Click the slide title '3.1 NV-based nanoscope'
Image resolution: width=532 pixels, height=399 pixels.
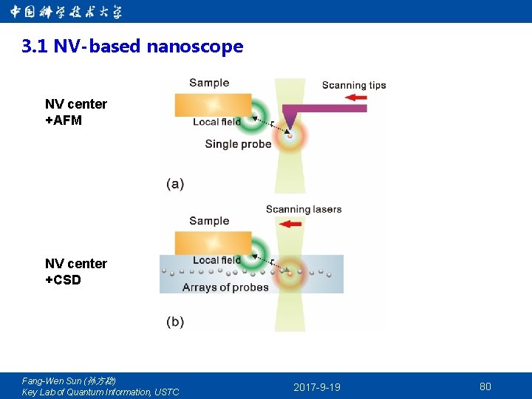pyautogui.click(x=132, y=47)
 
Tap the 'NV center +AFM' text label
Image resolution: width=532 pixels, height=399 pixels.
pyautogui.click(x=75, y=112)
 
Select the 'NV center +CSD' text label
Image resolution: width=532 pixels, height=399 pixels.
pyautogui.click(x=75, y=271)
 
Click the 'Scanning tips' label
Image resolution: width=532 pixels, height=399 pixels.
pyautogui.click(x=354, y=85)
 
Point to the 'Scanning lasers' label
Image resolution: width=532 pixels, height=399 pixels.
pyautogui.click(x=304, y=209)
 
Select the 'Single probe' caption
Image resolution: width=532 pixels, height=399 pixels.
pyautogui.click(x=238, y=143)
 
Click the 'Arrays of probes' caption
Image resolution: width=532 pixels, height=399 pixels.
pyautogui.click(x=225, y=287)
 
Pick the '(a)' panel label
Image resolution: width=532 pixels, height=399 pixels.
pyautogui.click(x=175, y=183)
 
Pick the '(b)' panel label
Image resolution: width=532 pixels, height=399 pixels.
pyautogui.click(x=175, y=321)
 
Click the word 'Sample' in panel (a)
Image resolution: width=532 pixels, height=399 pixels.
pyautogui.click(x=209, y=83)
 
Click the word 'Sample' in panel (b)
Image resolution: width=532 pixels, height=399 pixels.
pyautogui.click(x=209, y=220)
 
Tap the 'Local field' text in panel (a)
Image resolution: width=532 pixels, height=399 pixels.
pyautogui.click(x=216, y=122)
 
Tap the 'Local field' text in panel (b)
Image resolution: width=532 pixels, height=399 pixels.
pyautogui.click(x=216, y=260)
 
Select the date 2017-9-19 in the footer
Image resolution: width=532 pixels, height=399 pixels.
pyautogui.click(x=317, y=387)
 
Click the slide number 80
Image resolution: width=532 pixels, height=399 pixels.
pyautogui.click(x=485, y=386)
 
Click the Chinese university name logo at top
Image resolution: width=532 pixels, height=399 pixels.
pyautogui.click(x=66, y=12)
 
